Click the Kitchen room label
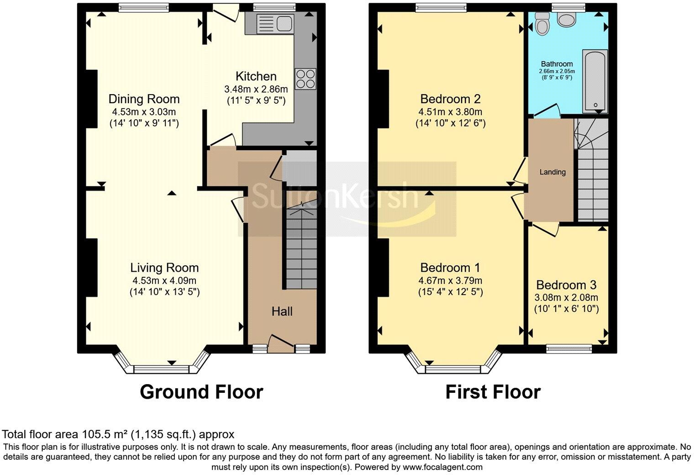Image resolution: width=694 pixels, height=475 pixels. pyautogui.click(x=256, y=76)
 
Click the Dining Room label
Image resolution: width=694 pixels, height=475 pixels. pyautogui.click(x=144, y=99)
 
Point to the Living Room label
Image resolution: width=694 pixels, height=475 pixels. pyautogui.click(x=164, y=268)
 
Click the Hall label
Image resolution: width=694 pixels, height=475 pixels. pyautogui.click(x=282, y=312)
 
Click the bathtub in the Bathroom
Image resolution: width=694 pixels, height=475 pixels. pyautogui.click(x=595, y=81)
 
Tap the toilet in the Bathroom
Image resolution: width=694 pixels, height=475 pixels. pyautogui.click(x=542, y=23)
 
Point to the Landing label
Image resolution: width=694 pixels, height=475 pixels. pyautogui.click(x=552, y=172)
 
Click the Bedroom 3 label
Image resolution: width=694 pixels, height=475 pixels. pyautogui.click(x=566, y=285)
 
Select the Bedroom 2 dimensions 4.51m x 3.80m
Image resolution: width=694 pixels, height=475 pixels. pyautogui.click(x=450, y=112)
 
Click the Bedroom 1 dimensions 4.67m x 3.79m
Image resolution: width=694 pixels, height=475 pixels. pyautogui.click(x=450, y=281)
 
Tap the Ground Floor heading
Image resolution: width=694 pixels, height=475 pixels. pyautogui.click(x=201, y=392)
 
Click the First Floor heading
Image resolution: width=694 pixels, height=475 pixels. pyautogui.click(x=493, y=392)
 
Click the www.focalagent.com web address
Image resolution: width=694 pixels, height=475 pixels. pyautogui.click(x=442, y=467)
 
